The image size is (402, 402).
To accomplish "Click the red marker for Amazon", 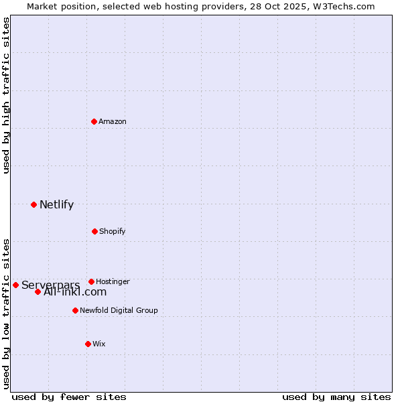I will coord(94,121).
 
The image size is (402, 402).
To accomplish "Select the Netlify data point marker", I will coord(33,204).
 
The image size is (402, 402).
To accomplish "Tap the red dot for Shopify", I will coord(94,231).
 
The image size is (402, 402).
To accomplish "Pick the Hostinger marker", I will coord(91,281).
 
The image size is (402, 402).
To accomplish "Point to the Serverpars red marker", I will coord(15,285).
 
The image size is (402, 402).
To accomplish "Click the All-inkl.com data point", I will coord(38,291).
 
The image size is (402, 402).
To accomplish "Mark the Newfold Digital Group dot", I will coord(75,310).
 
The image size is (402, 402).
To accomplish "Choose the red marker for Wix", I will coord(88,344).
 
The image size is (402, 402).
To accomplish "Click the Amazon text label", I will coord(113,122).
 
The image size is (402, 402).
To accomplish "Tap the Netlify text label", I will coord(56,205).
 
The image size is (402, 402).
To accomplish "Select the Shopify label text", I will coord(113,232).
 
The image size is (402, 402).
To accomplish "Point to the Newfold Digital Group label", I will coord(119,311).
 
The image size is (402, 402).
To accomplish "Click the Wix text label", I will coord(99,344).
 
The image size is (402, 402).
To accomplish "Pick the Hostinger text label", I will coord(113,282).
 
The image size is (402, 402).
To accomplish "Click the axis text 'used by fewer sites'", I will coord(69,397).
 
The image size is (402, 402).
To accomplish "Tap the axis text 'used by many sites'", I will coord(336,397).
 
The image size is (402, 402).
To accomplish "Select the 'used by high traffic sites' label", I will coord(7,95).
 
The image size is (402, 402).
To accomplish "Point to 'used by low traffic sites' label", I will coord(7,313).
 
